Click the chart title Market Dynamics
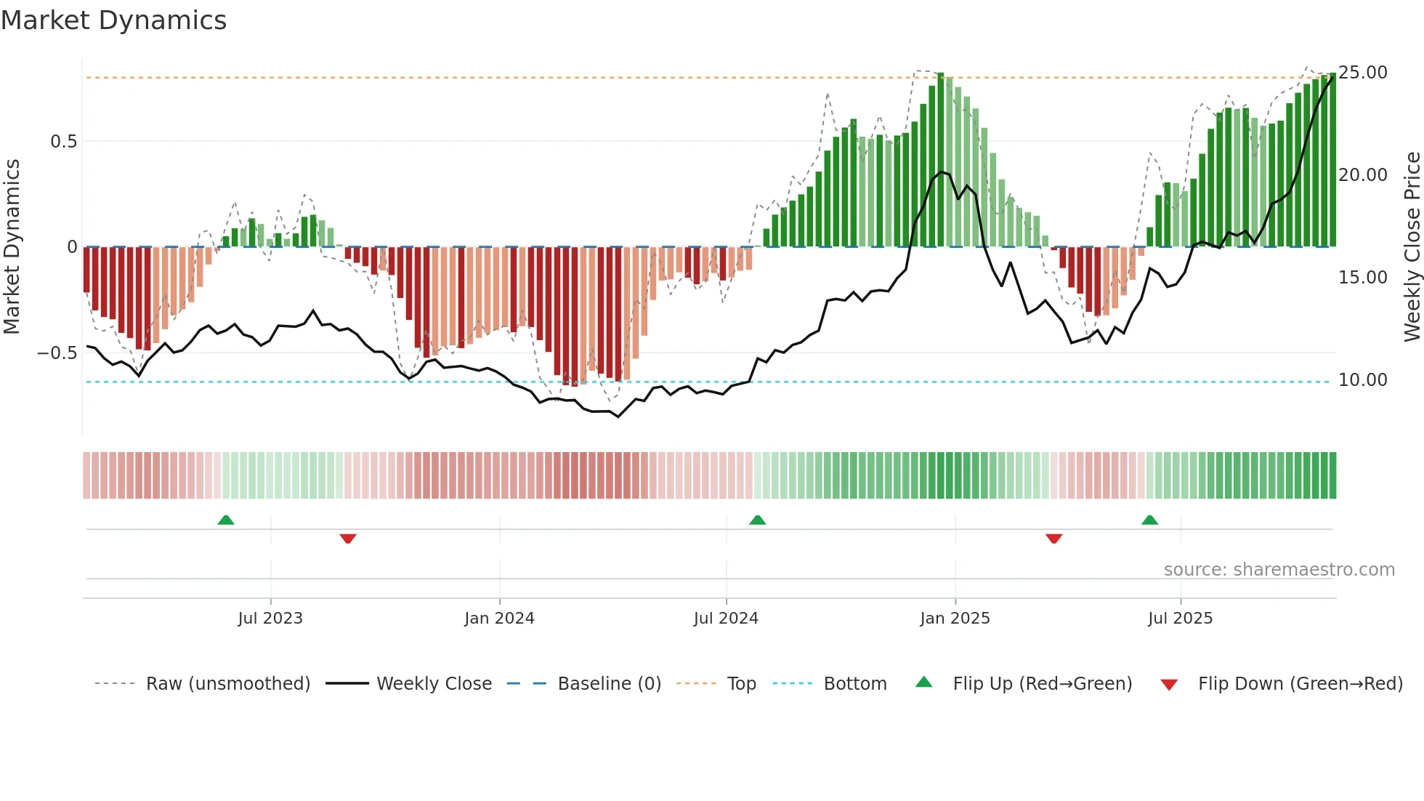(x=113, y=20)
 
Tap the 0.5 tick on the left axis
(x=63, y=142)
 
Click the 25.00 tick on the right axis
(x=1363, y=73)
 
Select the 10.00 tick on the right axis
(x=1363, y=380)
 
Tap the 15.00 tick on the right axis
(x=1363, y=278)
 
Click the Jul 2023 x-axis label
(x=270, y=619)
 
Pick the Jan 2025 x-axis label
(x=955, y=619)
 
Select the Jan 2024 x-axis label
(x=499, y=619)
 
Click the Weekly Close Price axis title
(x=1412, y=247)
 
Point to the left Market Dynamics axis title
(x=12, y=247)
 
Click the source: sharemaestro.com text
(x=1279, y=570)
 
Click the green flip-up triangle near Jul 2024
(x=757, y=520)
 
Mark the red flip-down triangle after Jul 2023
(x=348, y=539)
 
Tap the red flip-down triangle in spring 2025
(x=1053, y=539)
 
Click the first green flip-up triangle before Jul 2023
(x=226, y=520)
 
